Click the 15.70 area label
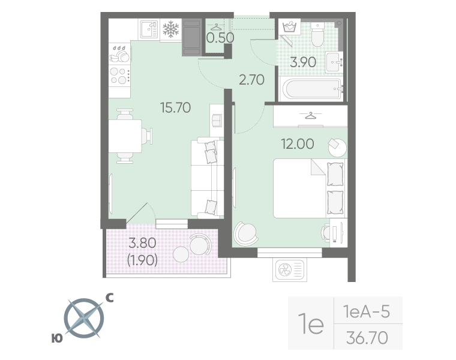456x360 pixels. (x=175, y=107)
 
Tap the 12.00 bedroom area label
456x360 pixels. (x=298, y=143)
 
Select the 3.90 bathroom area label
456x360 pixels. (x=303, y=62)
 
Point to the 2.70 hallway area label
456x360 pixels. (x=251, y=80)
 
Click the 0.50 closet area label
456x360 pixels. (x=220, y=38)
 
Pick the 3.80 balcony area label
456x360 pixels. (x=142, y=243)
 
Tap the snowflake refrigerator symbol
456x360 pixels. (x=171, y=29)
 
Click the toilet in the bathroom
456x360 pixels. (x=317, y=34)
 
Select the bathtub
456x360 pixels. (x=313, y=89)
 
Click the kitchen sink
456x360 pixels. (x=149, y=29)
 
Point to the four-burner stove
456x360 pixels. (x=120, y=75)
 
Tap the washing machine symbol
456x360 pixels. (x=289, y=28)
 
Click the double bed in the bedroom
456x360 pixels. (x=310, y=188)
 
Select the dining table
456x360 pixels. (x=125, y=136)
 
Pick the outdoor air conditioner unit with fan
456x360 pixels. (x=290, y=269)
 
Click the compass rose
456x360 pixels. (x=84, y=318)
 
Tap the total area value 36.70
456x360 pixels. (x=367, y=338)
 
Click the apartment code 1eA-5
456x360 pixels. (x=367, y=311)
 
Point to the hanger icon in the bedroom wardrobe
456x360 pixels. (x=311, y=115)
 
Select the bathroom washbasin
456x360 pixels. (x=334, y=62)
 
